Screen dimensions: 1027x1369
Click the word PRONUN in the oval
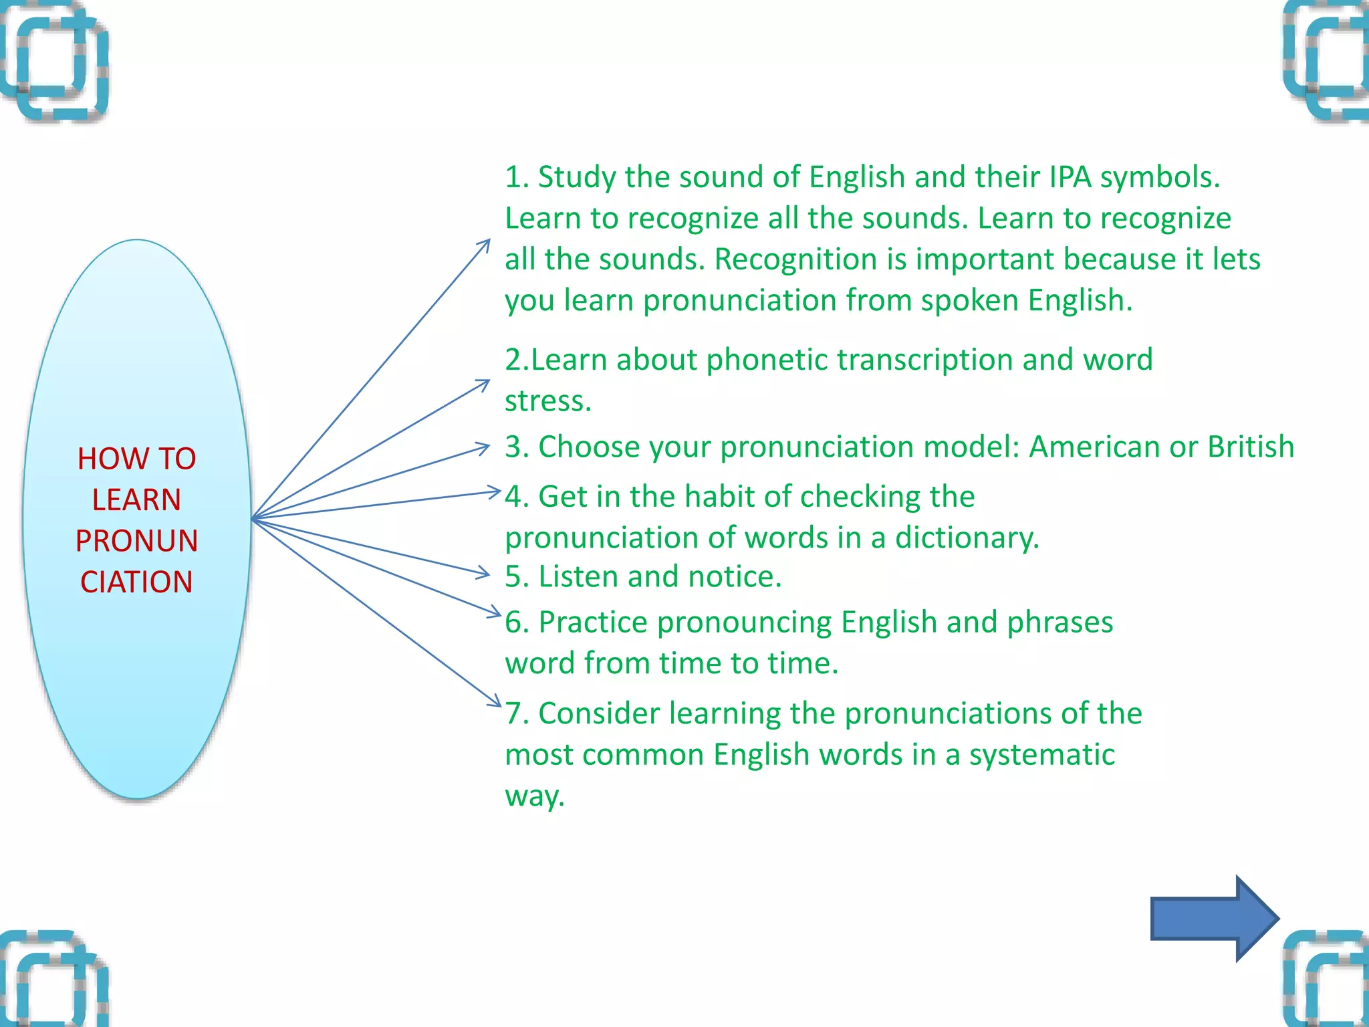tap(136, 541)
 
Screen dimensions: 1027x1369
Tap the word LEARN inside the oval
tap(136, 500)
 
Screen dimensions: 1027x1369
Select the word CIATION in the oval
tap(136, 582)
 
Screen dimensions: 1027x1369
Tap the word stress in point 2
tap(545, 401)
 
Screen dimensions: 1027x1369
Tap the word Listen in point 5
tap(578, 576)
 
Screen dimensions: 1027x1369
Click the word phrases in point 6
tap(1060, 622)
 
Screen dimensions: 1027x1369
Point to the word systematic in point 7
tap(1041, 755)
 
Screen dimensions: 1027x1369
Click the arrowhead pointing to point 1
tap(486, 243)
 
